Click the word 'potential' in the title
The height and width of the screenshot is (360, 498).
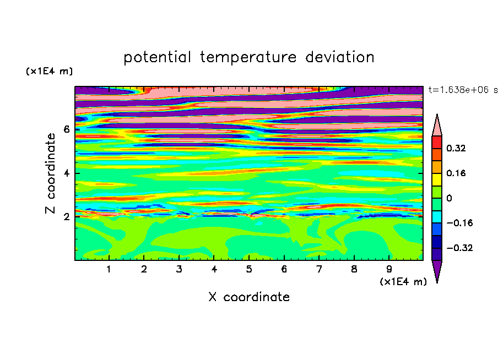point(157,58)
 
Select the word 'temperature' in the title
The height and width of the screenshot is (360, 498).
point(248,57)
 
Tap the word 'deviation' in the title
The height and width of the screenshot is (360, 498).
point(340,57)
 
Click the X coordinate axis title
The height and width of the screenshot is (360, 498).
point(249,297)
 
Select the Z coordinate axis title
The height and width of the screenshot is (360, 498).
point(51,173)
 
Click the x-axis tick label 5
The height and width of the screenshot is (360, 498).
point(249,269)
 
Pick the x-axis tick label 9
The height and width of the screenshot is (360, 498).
point(389,269)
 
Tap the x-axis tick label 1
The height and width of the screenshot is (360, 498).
point(109,269)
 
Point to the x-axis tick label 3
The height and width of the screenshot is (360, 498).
point(179,269)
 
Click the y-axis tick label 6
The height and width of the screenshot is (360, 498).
point(66,129)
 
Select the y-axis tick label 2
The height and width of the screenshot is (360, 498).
point(66,217)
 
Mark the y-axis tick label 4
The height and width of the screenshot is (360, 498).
point(66,173)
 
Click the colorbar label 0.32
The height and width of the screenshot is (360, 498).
point(456,148)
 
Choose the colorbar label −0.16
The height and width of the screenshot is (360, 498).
point(459,223)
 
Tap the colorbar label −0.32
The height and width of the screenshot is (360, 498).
point(459,248)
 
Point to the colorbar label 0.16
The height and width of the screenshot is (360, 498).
point(456,173)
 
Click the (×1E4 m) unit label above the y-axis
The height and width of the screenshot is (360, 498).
point(49,71)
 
